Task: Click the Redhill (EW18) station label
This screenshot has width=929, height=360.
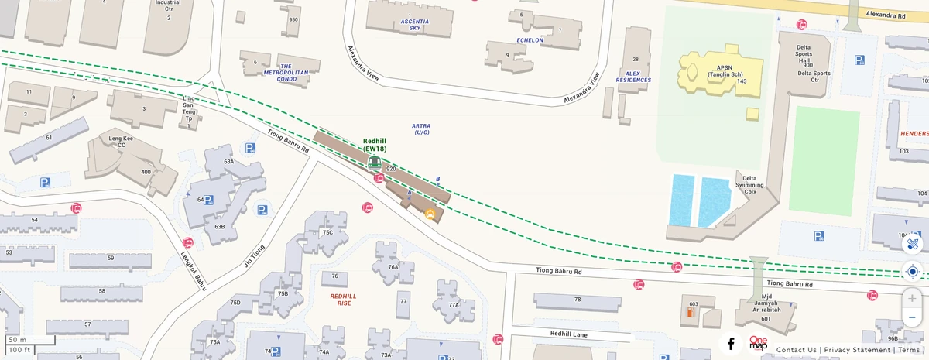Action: tap(375, 145)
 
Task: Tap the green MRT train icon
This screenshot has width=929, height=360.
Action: tap(374, 162)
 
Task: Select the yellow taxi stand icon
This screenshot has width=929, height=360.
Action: tap(430, 214)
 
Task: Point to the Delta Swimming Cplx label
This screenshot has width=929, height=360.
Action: tap(750, 184)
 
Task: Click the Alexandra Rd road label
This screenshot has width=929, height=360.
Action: tap(886, 15)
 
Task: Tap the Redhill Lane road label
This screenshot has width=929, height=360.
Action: tap(569, 333)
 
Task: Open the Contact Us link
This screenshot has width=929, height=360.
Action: tap(796, 350)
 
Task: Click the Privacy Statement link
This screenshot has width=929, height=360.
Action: tap(857, 350)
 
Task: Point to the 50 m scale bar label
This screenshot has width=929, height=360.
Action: tap(17, 340)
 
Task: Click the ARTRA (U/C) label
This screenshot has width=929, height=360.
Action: tap(421, 129)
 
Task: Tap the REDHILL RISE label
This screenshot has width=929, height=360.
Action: tap(344, 300)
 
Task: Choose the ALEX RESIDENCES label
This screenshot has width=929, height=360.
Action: tap(633, 77)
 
